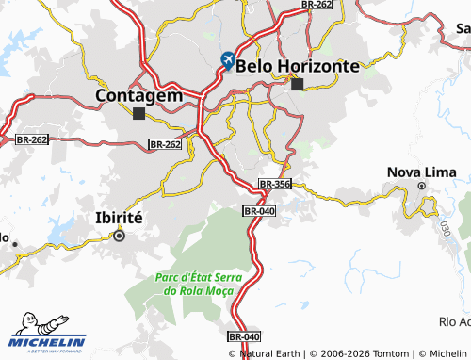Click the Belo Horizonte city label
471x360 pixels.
299,66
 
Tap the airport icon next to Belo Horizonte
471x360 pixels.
227,61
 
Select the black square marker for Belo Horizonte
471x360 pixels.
298,85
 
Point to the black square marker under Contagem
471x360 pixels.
139,114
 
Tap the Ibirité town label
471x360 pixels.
119,218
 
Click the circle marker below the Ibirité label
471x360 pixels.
119,237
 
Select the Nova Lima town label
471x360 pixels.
422,172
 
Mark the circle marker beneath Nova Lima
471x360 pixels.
422,187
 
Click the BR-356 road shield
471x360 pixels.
274,184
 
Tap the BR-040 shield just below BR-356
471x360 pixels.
258,211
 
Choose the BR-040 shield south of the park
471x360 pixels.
243,336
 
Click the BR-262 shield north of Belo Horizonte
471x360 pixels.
317,5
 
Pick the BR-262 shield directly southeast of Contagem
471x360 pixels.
165,144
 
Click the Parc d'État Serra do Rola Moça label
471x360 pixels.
197,285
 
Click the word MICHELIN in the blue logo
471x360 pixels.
47,341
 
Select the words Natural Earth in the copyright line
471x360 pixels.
274,352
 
